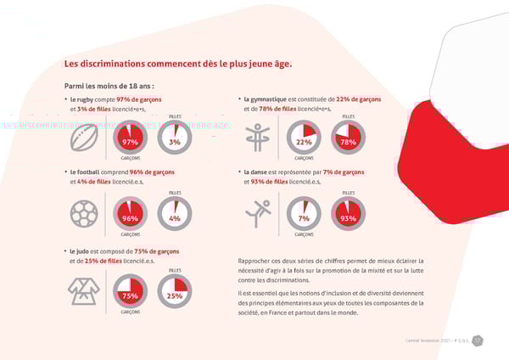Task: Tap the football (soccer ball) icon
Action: coord(85,215)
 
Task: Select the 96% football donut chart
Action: coord(130,215)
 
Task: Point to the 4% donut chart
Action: coord(174,215)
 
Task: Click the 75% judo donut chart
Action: coord(130,292)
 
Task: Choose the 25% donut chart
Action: coord(174,292)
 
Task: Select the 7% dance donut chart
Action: coord(304,215)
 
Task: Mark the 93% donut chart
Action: coord(348,215)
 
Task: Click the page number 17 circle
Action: coord(478,341)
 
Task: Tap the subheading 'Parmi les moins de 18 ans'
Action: coord(109,86)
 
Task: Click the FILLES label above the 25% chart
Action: coord(175,270)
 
